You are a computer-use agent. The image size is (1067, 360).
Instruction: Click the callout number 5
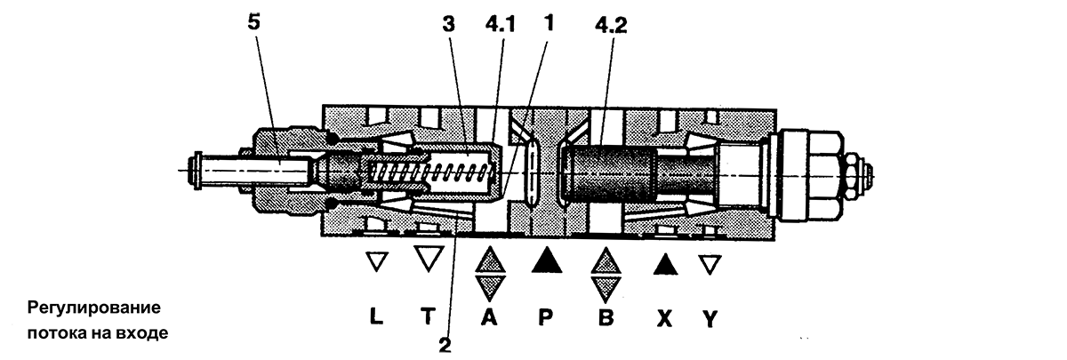tap(254, 21)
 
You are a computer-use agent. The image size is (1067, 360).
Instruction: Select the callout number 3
tap(448, 24)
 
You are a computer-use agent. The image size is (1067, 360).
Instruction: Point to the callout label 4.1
tap(500, 24)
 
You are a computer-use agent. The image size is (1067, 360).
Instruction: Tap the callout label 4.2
tap(611, 25)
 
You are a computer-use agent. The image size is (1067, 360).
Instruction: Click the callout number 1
tap(550, 22)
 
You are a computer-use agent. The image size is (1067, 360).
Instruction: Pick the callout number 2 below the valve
tap(445, 345)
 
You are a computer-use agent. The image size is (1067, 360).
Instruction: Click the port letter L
tap(376, 316)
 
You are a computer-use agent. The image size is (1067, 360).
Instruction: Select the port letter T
tap(428, 316)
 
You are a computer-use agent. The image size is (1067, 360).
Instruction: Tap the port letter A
tap(489, 316)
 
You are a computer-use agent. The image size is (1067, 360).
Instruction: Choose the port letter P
tap(545, 316)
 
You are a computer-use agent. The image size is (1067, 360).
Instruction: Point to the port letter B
tap(605, 317)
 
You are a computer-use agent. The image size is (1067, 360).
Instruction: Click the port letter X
tap(664, 318)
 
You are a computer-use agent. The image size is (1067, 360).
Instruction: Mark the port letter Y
tap(710, 318)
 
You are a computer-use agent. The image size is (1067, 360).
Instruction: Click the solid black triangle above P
tap(546, 260)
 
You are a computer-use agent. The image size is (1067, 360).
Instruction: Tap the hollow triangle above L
tap(377, 261)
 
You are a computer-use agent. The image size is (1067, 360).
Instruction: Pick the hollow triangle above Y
tap(710, 265)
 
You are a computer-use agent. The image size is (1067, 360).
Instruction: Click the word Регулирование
tap(94, 308)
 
